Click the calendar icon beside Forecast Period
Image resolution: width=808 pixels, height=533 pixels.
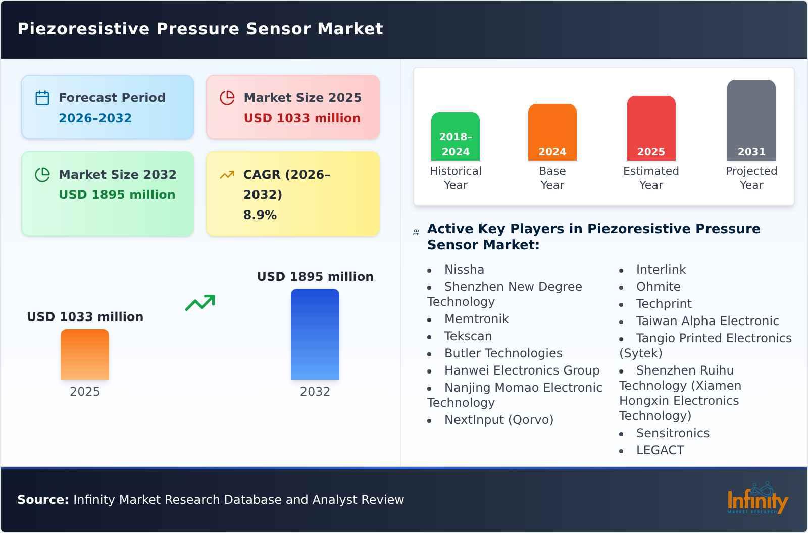click(42, 98)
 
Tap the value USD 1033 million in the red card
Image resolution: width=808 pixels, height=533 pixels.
click(302, 118)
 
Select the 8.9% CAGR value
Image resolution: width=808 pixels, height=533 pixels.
click(260, 215)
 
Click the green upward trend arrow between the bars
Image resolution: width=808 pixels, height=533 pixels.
click(200, 303)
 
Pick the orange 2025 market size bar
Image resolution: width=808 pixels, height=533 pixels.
click(85, 354)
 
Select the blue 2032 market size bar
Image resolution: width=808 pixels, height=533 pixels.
click(315, 334)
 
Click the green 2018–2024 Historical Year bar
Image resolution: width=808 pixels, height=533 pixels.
click(456, 136)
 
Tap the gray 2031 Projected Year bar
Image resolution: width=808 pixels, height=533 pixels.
click(751, 120)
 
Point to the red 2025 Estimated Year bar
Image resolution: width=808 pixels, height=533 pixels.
click(651, 128)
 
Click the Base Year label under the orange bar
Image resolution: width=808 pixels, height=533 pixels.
click(552, 178)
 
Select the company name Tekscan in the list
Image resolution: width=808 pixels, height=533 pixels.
click(468, 336)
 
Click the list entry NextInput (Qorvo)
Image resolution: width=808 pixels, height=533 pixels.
click(499, 420)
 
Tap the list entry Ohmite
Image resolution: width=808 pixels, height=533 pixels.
click(658, 287)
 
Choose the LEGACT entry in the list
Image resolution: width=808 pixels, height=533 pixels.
click(660, 450)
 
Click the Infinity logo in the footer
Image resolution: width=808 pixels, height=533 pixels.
click(757, 499)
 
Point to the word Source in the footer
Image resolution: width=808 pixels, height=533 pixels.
click(42, 500)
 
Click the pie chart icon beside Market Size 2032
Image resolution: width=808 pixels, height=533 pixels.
click(42, 175)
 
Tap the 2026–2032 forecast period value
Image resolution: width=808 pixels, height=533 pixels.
click(95, 118)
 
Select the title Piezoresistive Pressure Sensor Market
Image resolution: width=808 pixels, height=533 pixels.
click(200, 29)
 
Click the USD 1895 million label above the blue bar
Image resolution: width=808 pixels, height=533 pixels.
click(315, 277)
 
